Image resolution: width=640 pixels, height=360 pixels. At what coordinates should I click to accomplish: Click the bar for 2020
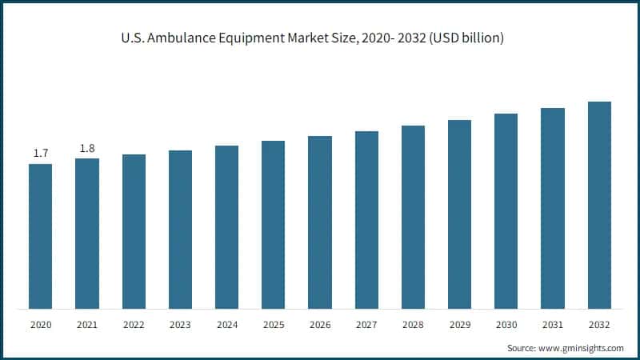click(40, 236)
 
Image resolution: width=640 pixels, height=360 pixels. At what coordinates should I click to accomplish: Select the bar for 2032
click(599, 205)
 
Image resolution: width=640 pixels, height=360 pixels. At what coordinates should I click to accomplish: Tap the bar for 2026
click(320, 222)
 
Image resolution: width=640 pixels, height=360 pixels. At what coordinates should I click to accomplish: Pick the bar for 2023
click(180, 229)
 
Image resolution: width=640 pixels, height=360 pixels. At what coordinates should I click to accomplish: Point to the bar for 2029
click(459, 214)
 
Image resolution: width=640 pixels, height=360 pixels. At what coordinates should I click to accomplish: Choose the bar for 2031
click(553, 208)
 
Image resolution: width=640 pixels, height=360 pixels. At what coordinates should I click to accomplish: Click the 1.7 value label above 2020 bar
click(40, 153)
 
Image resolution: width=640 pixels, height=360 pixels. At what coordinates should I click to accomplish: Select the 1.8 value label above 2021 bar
click(86, 147)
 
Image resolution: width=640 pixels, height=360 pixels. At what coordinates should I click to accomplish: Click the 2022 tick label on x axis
click(134, 326)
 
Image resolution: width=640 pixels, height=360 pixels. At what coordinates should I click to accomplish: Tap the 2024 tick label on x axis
click(226, 326)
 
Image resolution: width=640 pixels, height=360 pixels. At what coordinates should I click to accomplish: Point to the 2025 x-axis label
click(273, 326)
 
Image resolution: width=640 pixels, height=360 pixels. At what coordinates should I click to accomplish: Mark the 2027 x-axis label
click(366, 326)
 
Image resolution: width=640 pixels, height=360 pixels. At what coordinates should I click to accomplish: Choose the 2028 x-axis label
click(413, 326)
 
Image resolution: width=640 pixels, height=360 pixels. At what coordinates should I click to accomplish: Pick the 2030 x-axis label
click(506, 326)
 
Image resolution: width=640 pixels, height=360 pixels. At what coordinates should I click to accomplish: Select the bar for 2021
click(86, 233)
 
